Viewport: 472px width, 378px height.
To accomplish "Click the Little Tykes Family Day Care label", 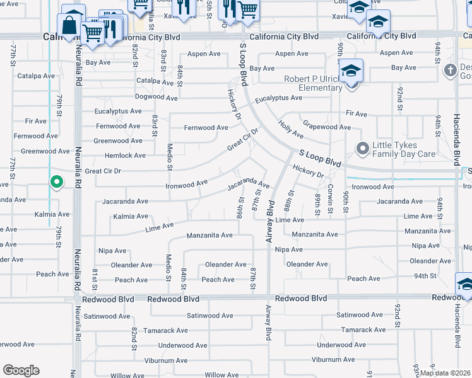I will [x=404, y=149].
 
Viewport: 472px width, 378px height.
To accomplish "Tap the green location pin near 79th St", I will [x=56, y=182].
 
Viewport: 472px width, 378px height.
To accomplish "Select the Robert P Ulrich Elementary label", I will [x=304, y=83].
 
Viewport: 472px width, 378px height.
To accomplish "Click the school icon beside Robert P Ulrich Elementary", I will [x=350, y=71].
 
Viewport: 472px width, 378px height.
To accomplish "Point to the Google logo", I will [x=21, y=370].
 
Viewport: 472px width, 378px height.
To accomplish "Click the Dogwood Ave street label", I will [x=156, y=98].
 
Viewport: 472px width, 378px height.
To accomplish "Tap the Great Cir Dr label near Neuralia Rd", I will [x=102, y=171].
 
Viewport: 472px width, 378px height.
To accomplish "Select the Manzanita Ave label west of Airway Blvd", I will [x=209, y=236].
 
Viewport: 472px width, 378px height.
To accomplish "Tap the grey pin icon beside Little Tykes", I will [x=363, y=149].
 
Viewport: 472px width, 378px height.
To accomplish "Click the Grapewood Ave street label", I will [x=326, y=127].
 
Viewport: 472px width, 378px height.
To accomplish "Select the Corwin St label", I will [x=330, y=193].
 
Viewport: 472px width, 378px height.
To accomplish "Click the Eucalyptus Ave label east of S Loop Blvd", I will [x=278, y=98].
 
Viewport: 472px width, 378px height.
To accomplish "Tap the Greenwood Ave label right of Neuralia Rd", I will [x=118, y=140].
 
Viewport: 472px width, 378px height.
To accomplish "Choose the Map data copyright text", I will [x=444, y=372].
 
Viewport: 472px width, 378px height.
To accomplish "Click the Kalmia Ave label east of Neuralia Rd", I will [x=131, y=216].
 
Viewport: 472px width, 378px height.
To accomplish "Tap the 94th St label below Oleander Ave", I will [x=425, y=276].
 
